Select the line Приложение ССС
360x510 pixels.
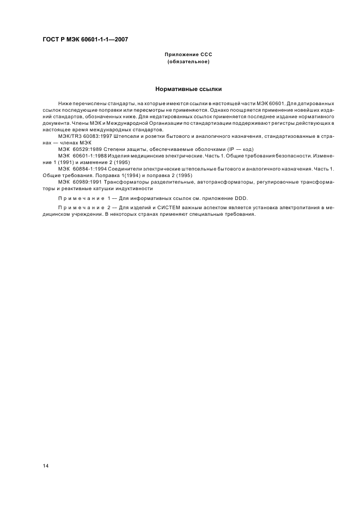[188, 55]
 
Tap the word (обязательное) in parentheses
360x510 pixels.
[188, 62]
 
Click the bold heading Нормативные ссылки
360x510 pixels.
[188, 88]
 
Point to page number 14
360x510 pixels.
[45, 466]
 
